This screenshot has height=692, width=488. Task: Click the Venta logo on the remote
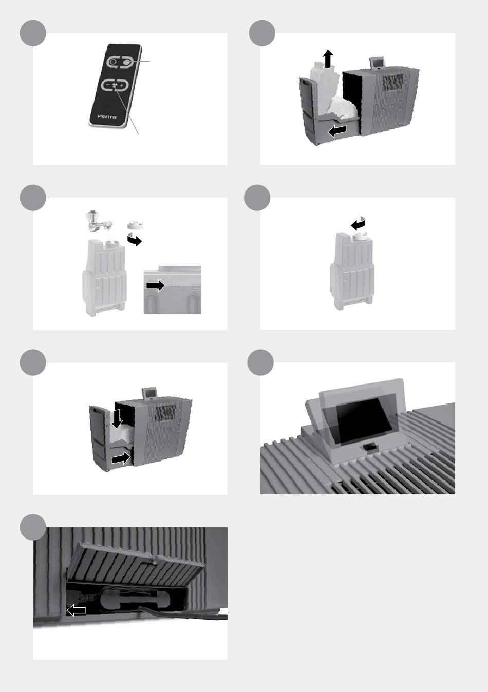(x=107, y=117)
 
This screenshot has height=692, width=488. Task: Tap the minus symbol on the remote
(x=107, y=84)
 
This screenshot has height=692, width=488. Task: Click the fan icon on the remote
(x=115, y=85)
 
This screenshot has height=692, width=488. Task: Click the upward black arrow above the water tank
(x=328, y=59)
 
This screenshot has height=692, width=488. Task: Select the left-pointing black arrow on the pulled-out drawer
(x=337, y=131)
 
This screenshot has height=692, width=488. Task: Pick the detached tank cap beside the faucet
(x=136, y=224)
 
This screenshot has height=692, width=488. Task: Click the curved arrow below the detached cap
(x=135, y=239)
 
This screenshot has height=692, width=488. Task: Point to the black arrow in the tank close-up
(x=156, y=285)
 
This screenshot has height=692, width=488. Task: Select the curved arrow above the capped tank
(x=359, y=223)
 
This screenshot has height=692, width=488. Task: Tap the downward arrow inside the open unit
(x=117, y=418)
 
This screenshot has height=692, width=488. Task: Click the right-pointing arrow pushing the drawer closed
(x=121, y=458)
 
